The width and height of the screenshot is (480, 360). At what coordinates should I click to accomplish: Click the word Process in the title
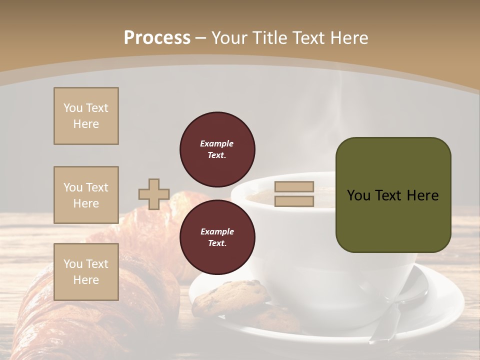157,38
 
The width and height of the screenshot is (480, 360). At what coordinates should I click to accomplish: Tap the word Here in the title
349,38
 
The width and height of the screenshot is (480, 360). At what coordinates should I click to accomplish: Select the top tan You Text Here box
86,116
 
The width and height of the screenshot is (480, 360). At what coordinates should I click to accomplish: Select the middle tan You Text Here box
86,195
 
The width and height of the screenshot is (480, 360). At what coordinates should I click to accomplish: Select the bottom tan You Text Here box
86,272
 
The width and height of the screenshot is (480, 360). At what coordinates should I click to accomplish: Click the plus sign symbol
153,194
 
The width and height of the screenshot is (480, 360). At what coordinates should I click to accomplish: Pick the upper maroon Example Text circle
217,149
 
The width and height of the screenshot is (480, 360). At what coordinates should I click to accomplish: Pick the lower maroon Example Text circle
217,237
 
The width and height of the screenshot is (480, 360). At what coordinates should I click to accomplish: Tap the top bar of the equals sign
294,186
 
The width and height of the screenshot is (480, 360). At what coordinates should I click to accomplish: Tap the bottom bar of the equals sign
294,201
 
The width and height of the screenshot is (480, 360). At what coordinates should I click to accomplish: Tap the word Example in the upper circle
216,143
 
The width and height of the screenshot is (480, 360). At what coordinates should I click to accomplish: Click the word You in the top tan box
73,108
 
